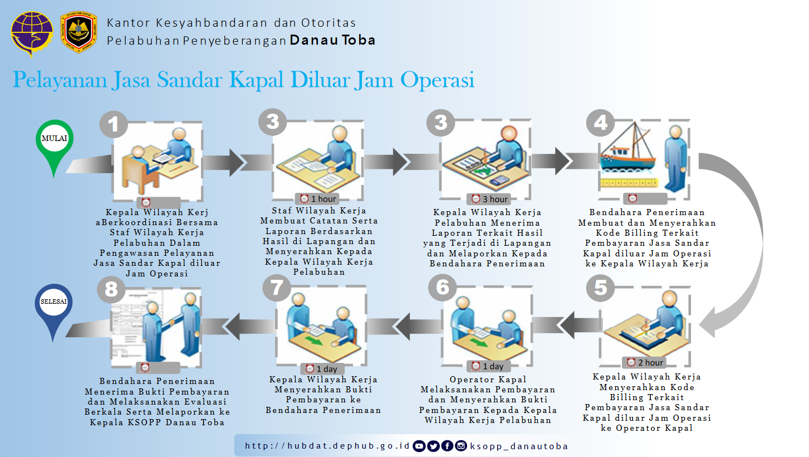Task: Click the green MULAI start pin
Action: [54, 143]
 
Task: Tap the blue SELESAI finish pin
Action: [53, 307]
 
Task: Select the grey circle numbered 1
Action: [114, 124]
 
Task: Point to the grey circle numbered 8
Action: [111, 289]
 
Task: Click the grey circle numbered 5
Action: [600, 288]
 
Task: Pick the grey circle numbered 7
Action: [277, 288]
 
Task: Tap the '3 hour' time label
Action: [491, 199]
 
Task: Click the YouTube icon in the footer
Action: [419, 446]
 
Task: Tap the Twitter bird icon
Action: [433, 446]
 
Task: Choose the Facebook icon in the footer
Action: [447, 446]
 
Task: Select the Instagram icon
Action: [461, 446]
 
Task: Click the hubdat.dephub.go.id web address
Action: [327, 446]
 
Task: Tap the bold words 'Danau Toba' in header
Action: [332, 40]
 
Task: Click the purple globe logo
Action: [32, 34]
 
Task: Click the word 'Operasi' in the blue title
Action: [438, 80]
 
